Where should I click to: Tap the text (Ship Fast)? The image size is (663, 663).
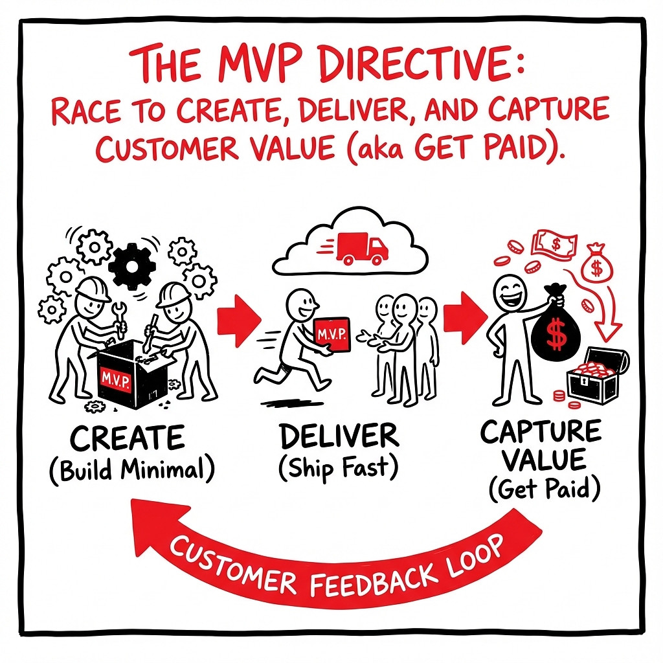click(339, 468)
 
